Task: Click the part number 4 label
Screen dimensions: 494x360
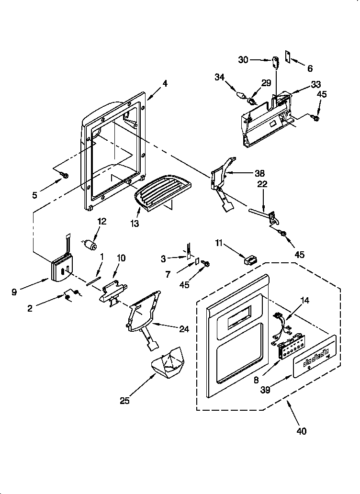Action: click(x=165, y=84)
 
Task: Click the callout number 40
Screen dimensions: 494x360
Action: click(x=301, y=431)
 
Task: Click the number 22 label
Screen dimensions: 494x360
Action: click(x=263, y=184)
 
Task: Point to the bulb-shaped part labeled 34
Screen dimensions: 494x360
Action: click(x=241, y=93)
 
